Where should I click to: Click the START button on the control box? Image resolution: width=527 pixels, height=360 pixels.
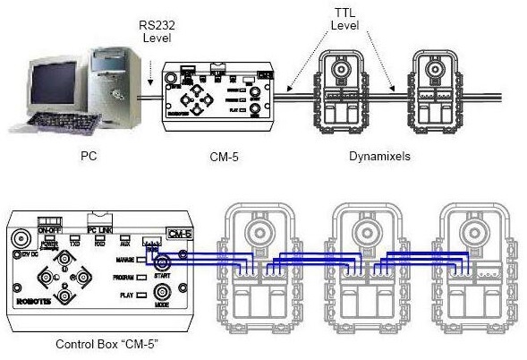click(x=163, y=265)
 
